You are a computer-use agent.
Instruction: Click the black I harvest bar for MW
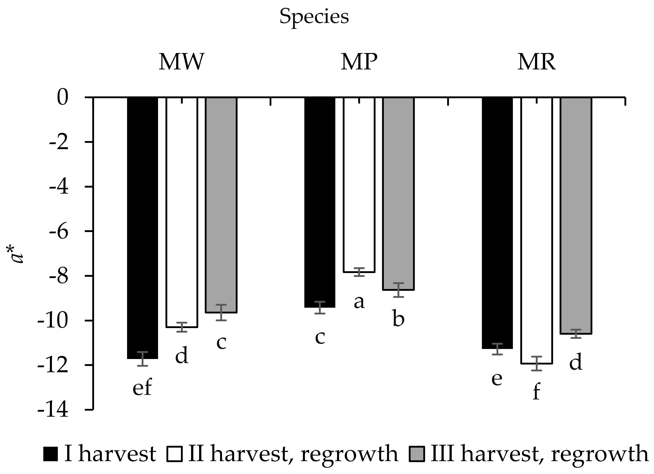pos(143,228)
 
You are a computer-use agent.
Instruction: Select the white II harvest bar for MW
pos(182,212)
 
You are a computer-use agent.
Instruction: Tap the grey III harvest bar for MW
pos(221,205)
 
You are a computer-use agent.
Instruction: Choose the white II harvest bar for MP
pos(359,185)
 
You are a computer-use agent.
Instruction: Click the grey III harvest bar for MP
pos(398,194)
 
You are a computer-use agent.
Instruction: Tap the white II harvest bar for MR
pos(536,230)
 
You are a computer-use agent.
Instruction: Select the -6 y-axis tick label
pos(59,231)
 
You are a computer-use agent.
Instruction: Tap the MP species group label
pos(359,62)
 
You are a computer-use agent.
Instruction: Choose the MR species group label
pos(536,62)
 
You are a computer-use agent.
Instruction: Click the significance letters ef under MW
pos(142,388)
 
